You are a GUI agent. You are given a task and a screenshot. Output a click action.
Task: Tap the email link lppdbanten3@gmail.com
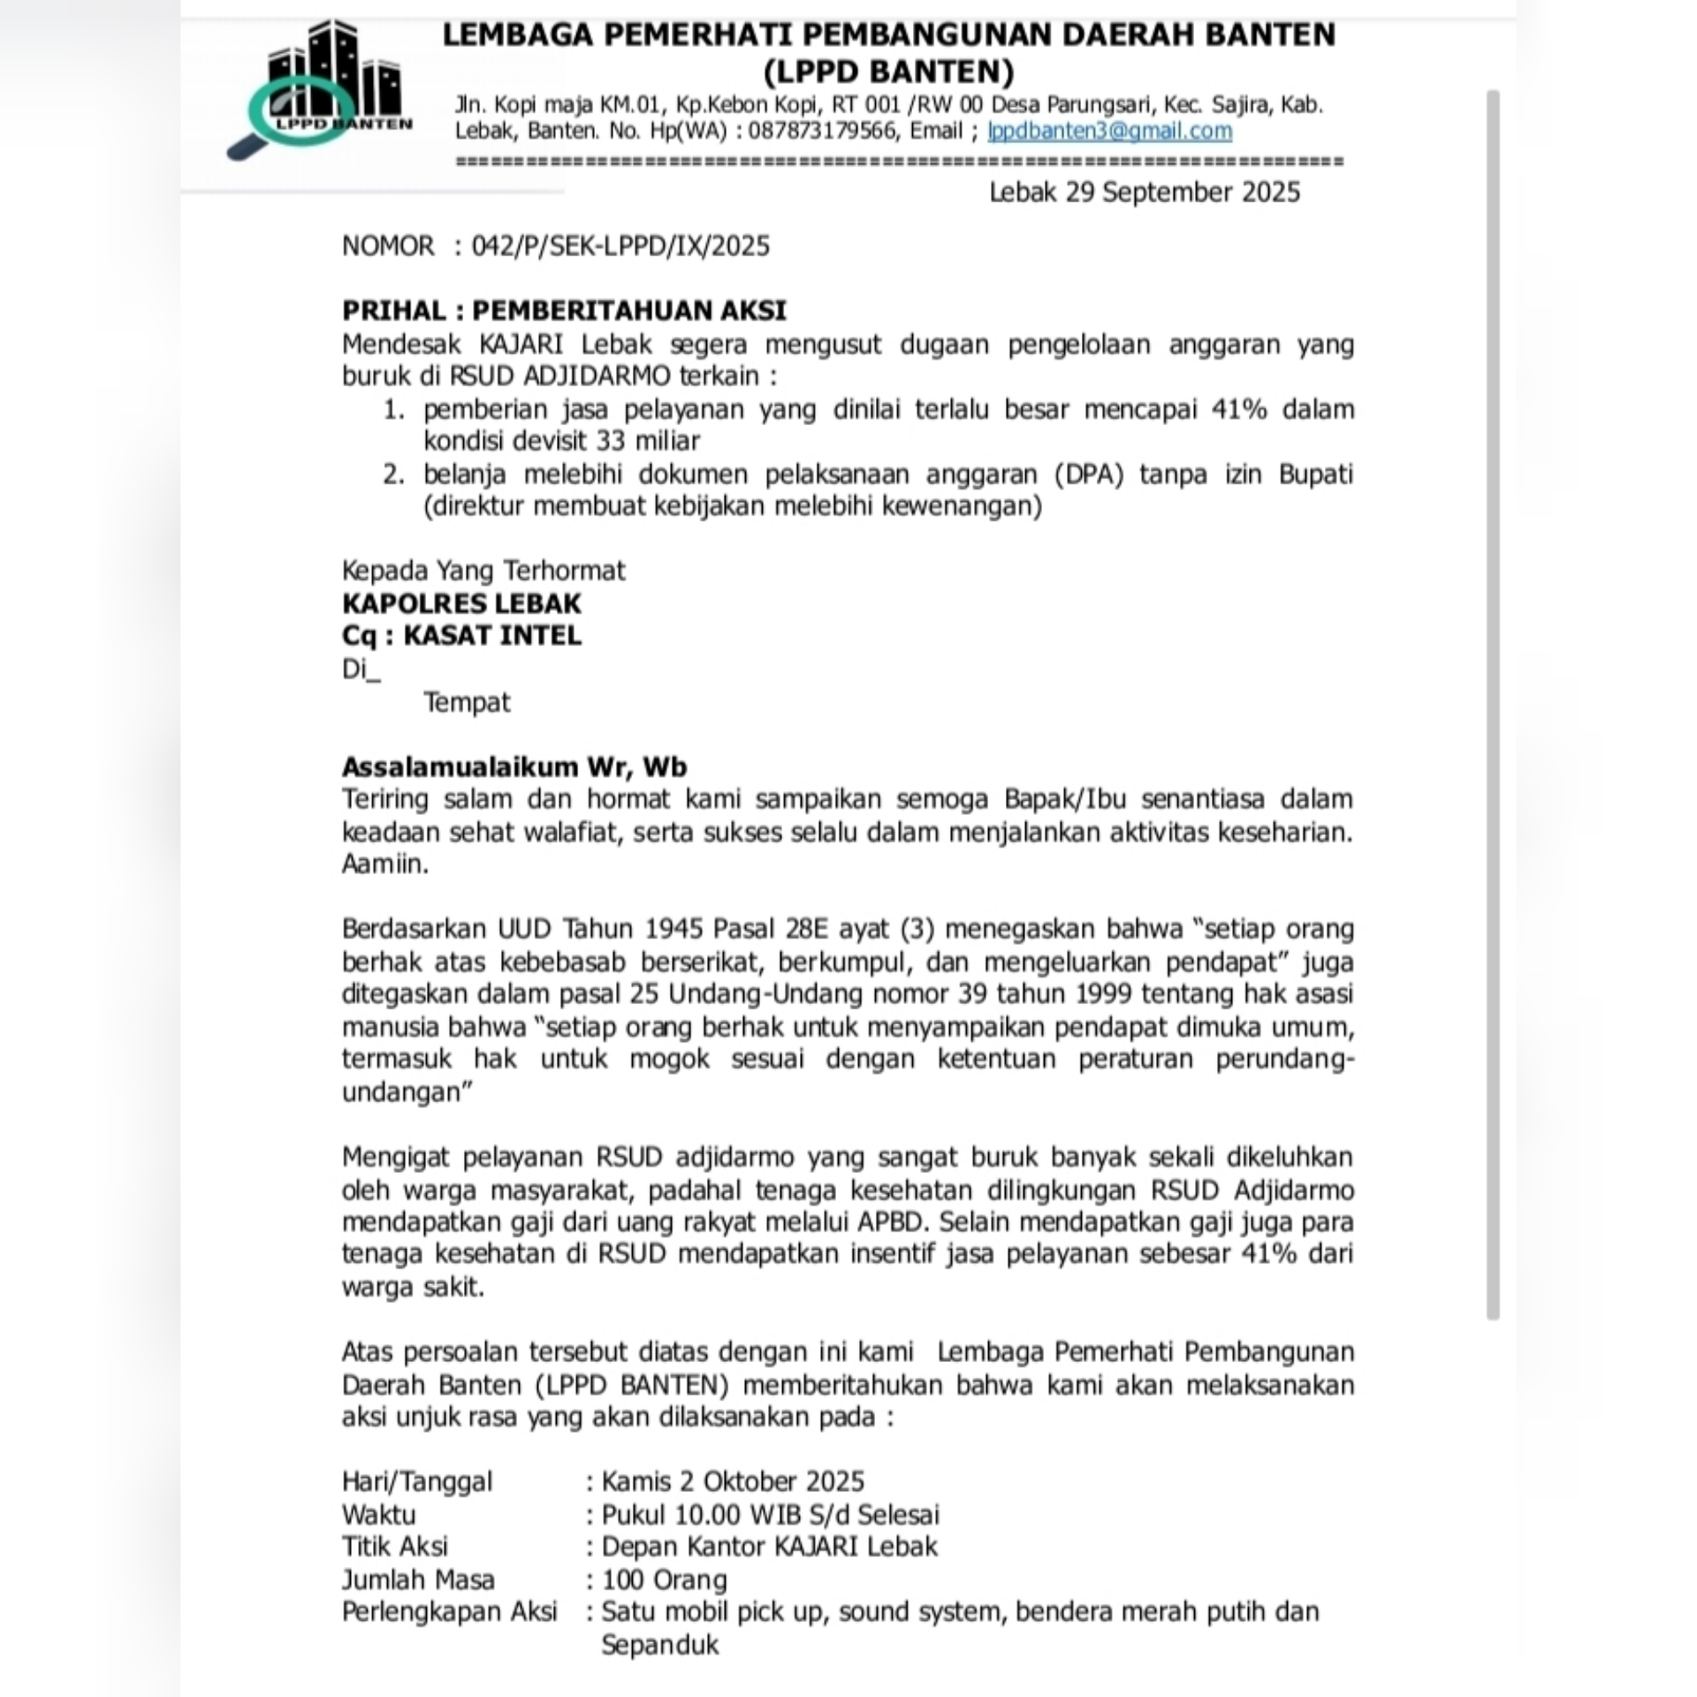point(1109,131)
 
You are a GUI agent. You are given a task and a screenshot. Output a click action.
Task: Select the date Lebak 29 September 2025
point(1144,192)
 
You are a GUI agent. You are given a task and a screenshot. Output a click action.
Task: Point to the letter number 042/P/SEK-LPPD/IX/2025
point(620,246)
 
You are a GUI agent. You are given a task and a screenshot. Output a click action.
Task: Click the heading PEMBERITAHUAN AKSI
point(628,310)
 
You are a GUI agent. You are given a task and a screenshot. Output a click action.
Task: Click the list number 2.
point(393,475)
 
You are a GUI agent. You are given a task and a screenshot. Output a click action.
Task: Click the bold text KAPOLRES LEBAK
point(461,604)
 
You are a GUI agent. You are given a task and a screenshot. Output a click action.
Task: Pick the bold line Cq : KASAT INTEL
point(461,635)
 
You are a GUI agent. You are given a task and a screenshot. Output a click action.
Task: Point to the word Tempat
point(467,703)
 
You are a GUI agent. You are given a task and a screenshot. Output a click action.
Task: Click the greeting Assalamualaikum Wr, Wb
point(514,766)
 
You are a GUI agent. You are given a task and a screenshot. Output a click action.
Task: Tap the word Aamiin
point(384,864)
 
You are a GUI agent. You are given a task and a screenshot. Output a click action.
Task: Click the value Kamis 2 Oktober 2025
point(733,1481)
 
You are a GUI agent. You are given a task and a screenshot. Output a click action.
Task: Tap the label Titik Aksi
point(394,1546)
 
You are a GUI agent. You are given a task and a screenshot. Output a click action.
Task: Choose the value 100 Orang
point(664,1579)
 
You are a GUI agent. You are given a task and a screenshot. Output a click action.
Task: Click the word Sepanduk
point(659,1645)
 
